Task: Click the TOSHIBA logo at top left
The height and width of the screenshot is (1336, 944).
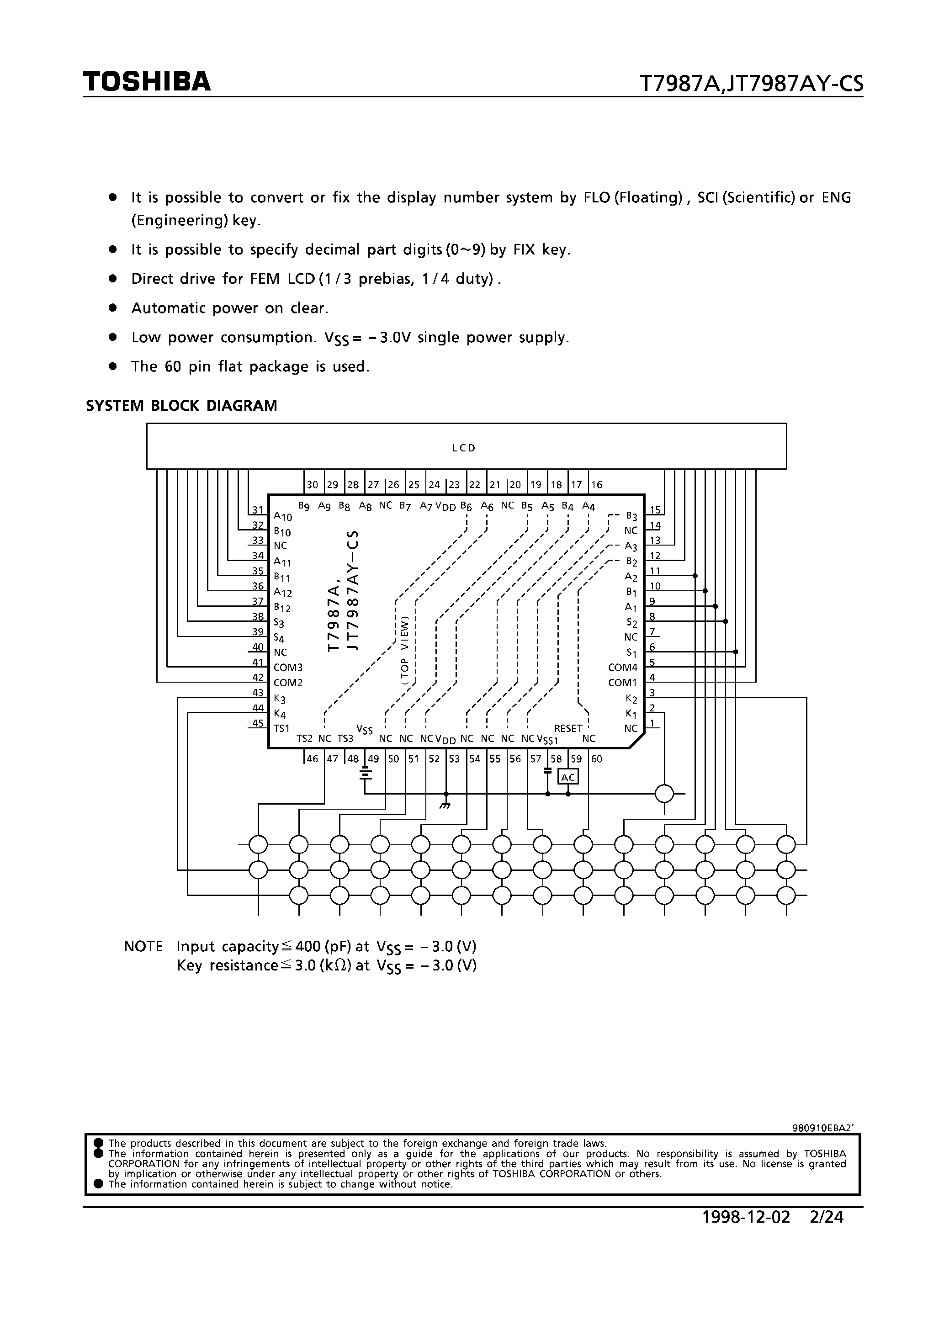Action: (x=146, y=82)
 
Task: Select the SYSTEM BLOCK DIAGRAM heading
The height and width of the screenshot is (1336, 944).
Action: (x=181, y=406)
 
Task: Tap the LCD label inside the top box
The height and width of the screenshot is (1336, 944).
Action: (x=464, y=448)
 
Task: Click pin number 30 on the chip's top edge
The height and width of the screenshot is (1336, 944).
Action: (x=313, y=485)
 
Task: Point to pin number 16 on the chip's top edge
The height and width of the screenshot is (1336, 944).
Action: (x=597, y=485)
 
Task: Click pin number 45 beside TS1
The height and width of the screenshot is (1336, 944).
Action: (x=258, y=723)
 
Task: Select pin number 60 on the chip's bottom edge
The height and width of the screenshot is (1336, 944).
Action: (x=597, y=759)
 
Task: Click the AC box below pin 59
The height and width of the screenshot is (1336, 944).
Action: (x=568, y=777)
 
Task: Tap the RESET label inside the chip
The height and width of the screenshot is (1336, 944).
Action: (x=568, y=728)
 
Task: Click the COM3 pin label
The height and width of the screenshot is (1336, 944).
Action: (x=288, y=668)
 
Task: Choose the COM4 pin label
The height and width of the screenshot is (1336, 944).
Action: (x=623, y=668)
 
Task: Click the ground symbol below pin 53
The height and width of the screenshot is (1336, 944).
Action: (x=446, y=806)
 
